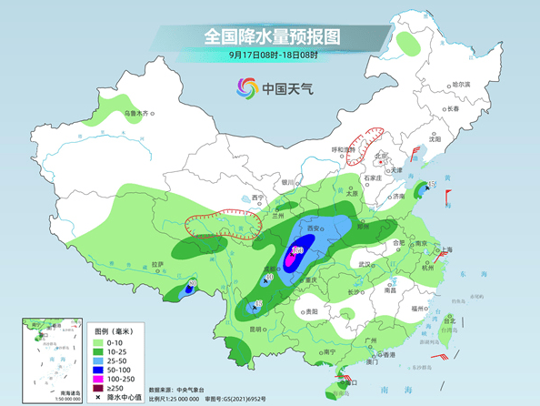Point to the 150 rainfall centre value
297,249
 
